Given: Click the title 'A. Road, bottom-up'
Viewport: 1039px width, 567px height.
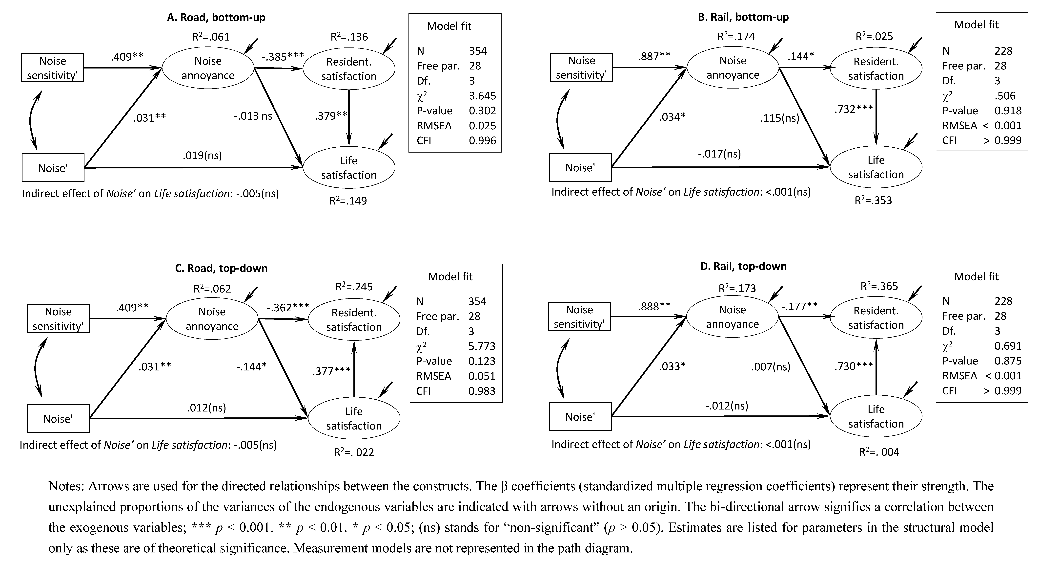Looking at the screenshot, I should [x=216, y=17].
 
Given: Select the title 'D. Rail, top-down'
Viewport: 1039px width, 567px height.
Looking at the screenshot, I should [x=743, y=266].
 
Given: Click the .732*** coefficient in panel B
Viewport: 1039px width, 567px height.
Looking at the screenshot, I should [x=853, y=109].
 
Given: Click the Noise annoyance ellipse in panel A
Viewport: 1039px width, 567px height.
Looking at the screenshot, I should [x=208, y=68].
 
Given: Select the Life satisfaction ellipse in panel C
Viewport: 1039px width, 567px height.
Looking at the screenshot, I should [x=354, y=418].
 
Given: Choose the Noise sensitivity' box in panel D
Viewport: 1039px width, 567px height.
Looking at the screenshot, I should [x=579, y=317].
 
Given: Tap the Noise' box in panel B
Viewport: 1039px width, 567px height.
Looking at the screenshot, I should [x=580, y=167].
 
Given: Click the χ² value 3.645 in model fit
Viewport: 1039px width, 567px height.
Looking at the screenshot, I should [x=482, y=96].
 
